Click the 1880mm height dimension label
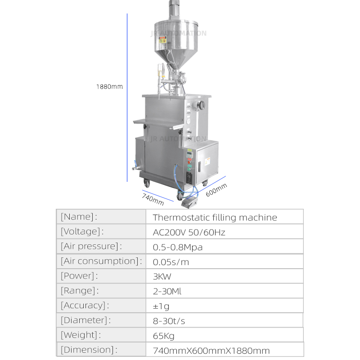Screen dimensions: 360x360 point(109,86)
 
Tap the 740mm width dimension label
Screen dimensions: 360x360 point(153,199)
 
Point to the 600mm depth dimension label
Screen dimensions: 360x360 point(216,190)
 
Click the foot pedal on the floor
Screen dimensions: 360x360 point(189,203)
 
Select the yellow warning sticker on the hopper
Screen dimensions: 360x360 point(162,40)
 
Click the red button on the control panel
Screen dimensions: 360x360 point(189,162)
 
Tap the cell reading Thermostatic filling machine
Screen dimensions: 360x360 point(215,217)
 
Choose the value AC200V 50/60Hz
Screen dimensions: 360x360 point(189,232)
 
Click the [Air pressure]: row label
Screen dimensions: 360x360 point(91,246)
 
